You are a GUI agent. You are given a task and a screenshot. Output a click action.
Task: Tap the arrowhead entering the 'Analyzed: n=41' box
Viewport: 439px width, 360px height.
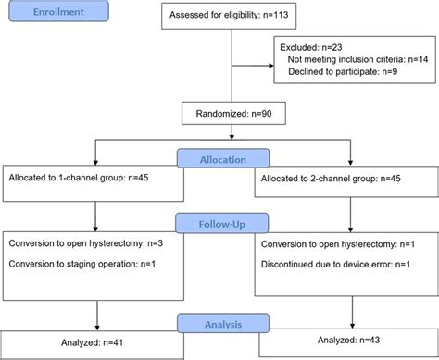pos(96,328)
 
